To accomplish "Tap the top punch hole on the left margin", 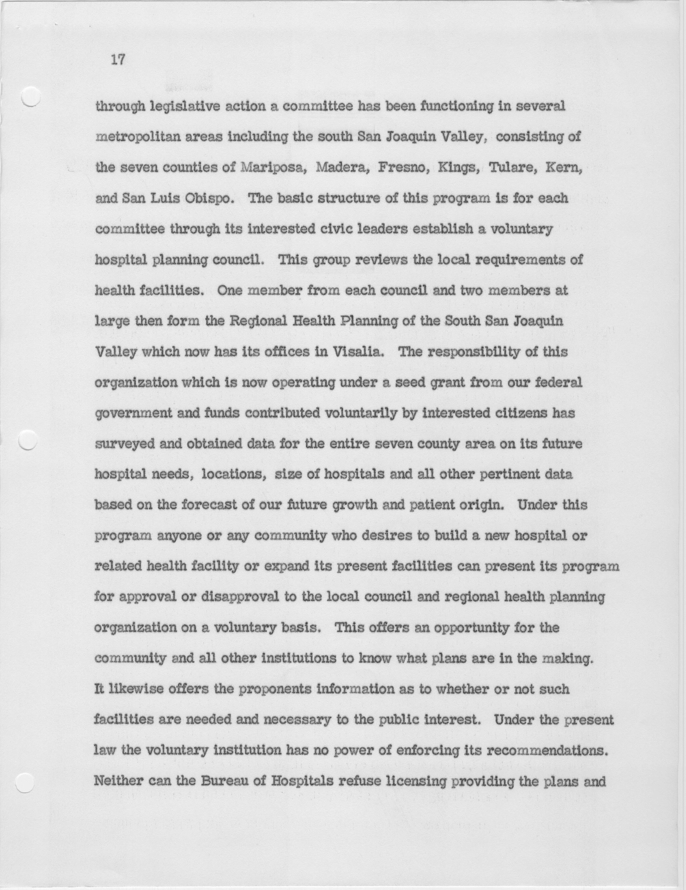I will click(31, 97).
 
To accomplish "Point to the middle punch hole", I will click(29, 440).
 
